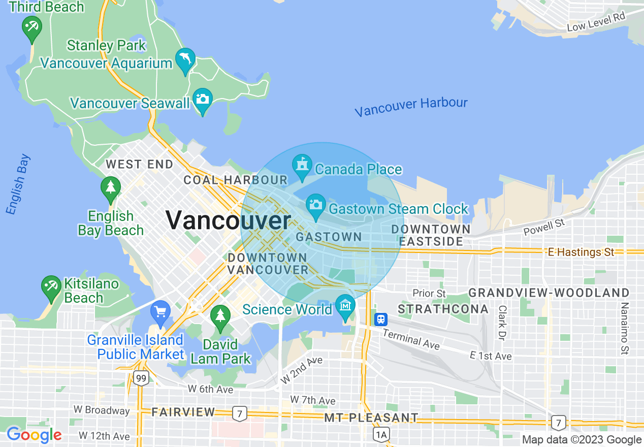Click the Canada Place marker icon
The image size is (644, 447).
302,165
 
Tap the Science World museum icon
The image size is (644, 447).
345,306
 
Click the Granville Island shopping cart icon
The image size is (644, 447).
161,310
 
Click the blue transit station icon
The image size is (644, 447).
380,320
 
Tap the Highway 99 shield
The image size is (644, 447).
141,377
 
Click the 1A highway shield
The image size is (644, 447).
381,434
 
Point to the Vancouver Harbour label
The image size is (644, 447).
411,107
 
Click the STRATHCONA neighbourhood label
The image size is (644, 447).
443,309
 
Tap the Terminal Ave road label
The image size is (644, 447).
411,339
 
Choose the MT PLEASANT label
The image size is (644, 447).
371,418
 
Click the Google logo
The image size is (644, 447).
34,435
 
